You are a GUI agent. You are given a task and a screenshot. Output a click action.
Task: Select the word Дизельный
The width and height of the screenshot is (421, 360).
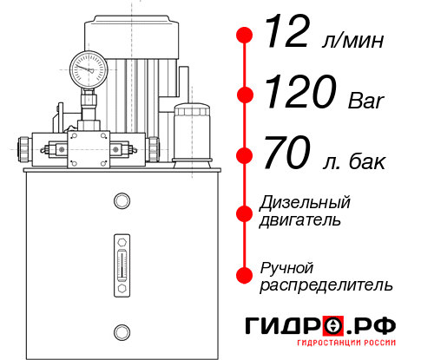[x=305, y=203]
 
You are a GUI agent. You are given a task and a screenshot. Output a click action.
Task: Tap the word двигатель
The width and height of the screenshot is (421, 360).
[x=300, y=220]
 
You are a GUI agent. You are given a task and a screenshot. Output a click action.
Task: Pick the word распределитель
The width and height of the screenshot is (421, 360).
[x=326, y=285]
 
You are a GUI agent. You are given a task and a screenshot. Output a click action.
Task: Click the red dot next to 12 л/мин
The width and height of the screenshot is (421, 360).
[x=245, y=36]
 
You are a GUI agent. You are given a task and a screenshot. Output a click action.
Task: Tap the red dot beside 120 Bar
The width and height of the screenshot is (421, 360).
[x=245, y=95]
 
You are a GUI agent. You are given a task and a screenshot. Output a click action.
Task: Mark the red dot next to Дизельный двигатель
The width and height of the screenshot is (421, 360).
[x=245, y=212]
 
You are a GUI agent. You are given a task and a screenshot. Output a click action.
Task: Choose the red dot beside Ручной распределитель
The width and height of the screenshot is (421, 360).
[x=245, y=275]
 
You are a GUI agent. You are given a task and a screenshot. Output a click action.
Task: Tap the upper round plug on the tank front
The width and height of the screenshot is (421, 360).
[x=121, y=202]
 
